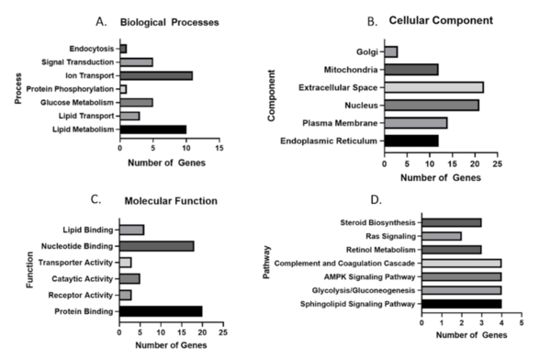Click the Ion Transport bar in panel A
[155, 75]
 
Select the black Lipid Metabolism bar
[152, 129]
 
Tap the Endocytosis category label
[92, 48]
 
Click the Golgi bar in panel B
[390, 51]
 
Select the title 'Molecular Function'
[171, 200]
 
